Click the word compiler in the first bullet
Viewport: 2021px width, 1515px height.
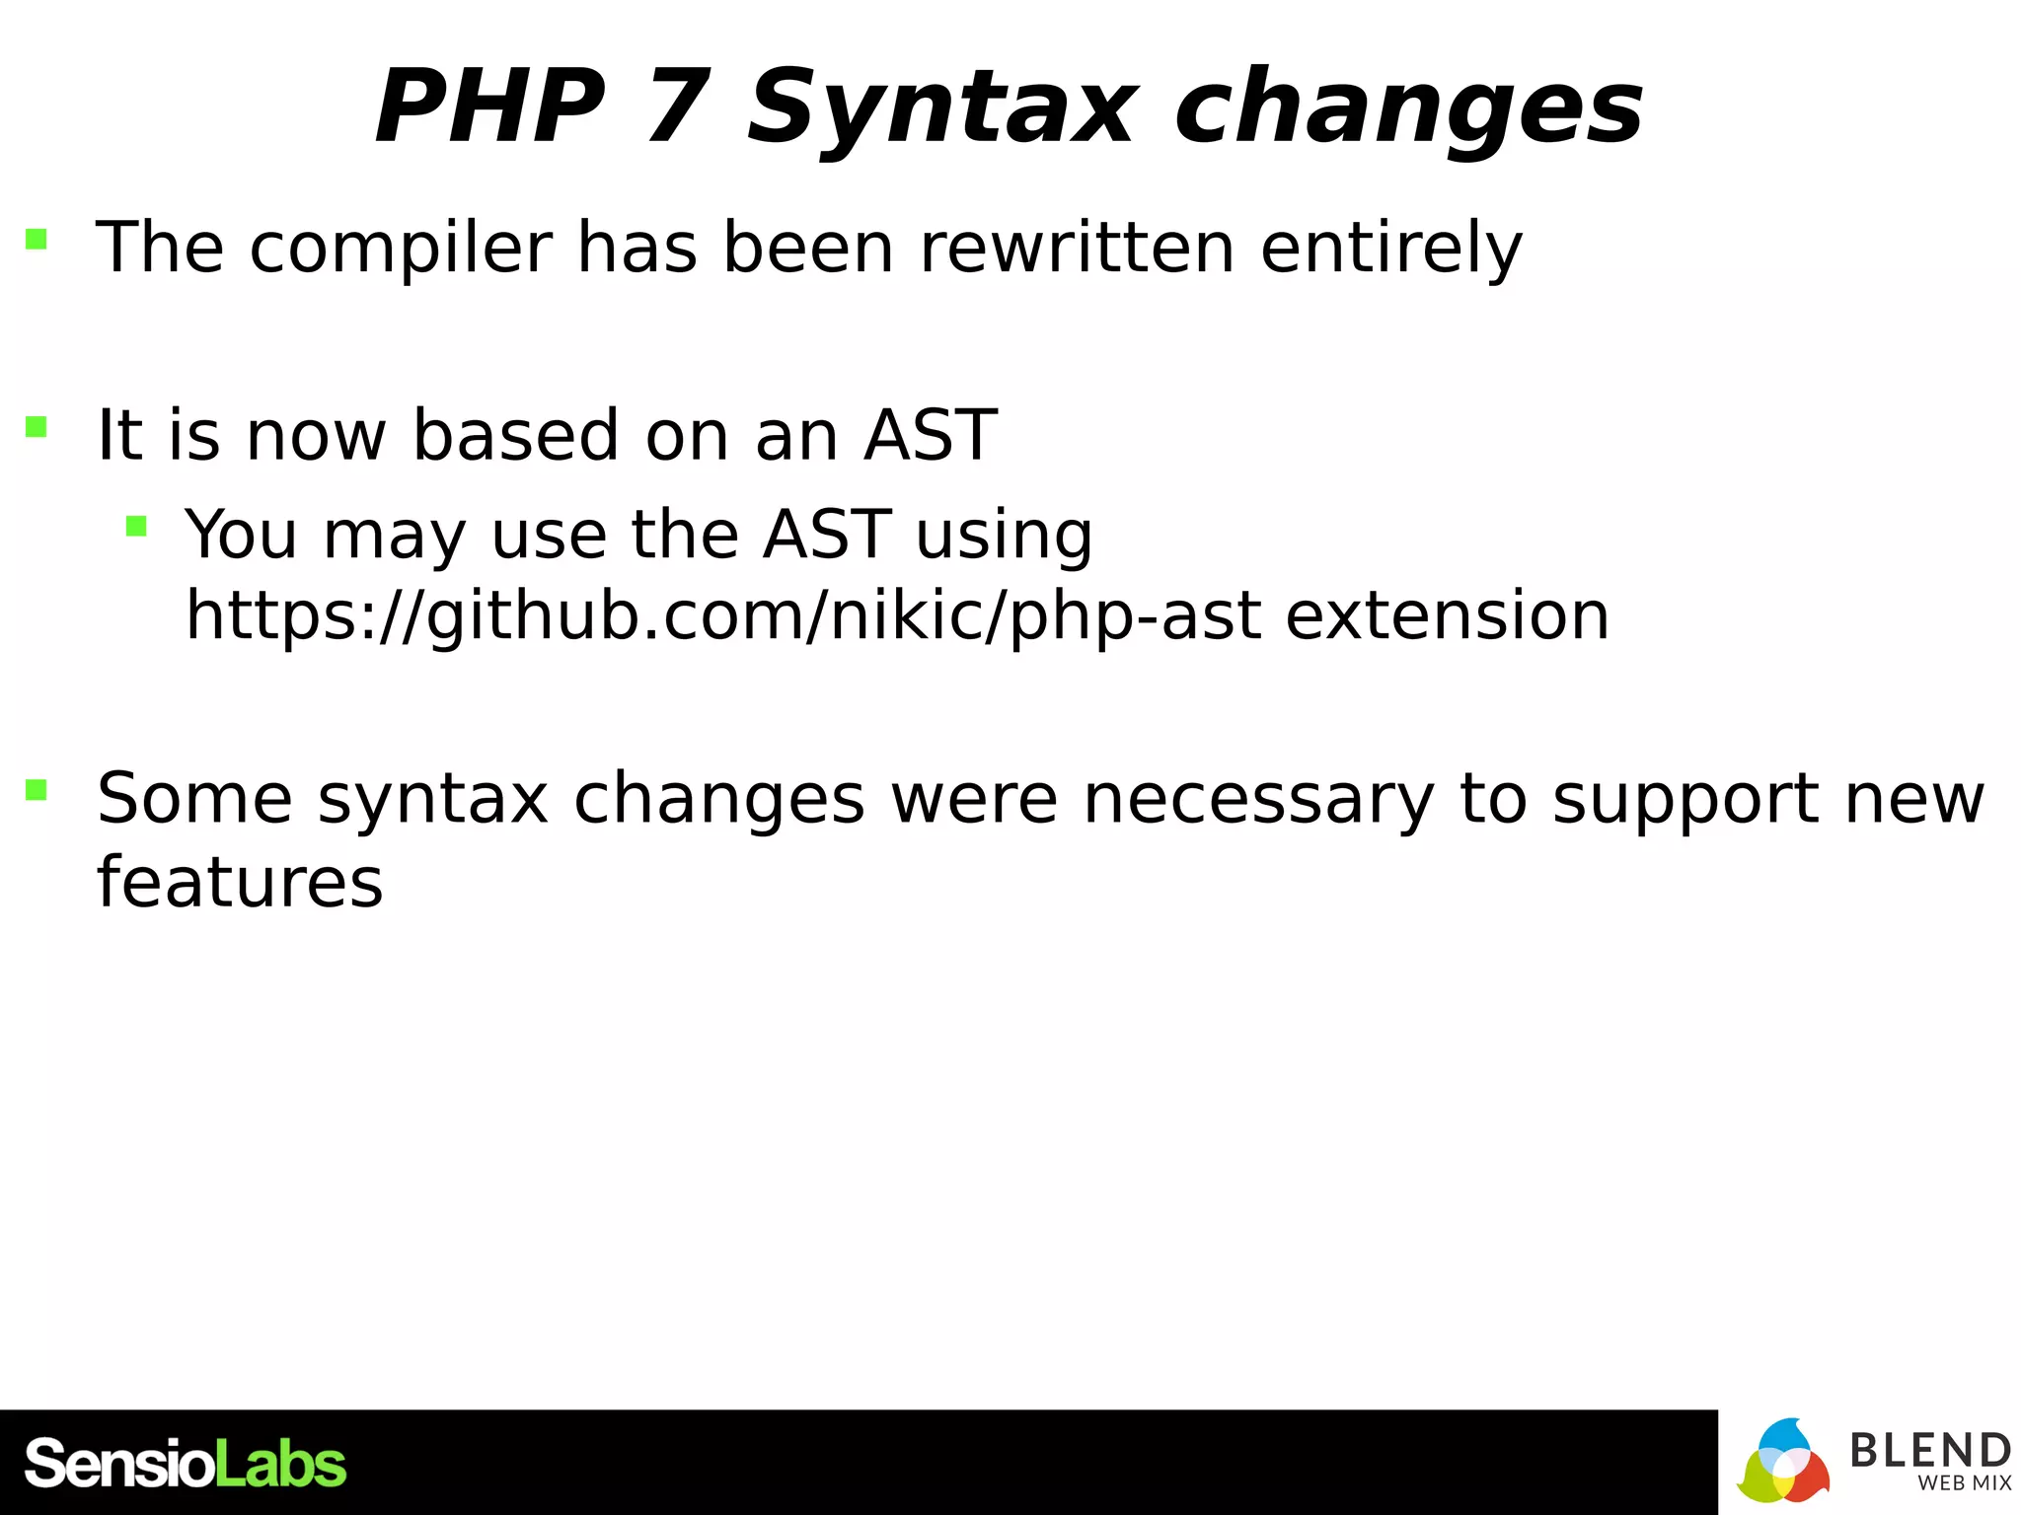coord(400,249)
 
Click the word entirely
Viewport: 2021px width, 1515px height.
coord(1391,249)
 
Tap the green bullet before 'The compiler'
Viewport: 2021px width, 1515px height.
coord(37,239)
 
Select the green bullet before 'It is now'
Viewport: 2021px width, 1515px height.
coord(37,426)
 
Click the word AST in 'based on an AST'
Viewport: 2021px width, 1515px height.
coord(930,435)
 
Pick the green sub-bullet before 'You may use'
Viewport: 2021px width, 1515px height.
coord(136,526)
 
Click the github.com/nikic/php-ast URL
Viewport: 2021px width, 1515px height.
coord(723,616)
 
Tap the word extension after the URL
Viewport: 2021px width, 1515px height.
coord(1447,615)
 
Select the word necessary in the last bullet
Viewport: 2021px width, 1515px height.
coord(1258,798)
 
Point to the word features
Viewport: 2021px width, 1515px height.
coord(240,881)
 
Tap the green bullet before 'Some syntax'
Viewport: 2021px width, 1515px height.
coord(37,789)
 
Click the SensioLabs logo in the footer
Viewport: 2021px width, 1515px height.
coord(186,1463)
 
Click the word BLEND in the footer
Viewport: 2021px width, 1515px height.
coord(1929,1450)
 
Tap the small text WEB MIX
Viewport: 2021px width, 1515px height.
coord(1964,1483)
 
